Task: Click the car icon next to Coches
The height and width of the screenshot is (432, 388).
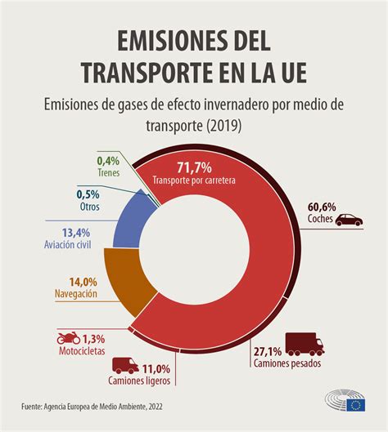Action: pos(350,220)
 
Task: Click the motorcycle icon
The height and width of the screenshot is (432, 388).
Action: pos(66,338)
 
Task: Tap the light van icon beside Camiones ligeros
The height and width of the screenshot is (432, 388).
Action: pos(124,366)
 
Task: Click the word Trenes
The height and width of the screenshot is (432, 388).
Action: pos(106,172)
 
